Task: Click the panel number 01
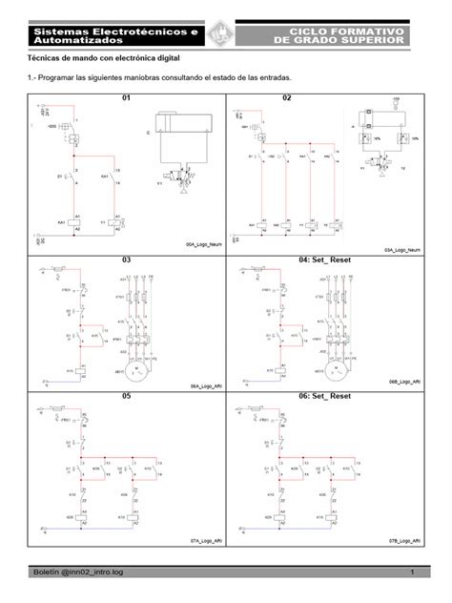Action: coord(123,98)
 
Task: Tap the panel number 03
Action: coord(124,259)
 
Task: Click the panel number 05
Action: coord(123,394)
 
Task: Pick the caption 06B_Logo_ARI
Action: coord(403,382)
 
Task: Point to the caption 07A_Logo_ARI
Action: coord(207,539)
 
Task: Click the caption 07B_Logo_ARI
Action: coord(403,539)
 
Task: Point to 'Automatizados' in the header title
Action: coord(78,42)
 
